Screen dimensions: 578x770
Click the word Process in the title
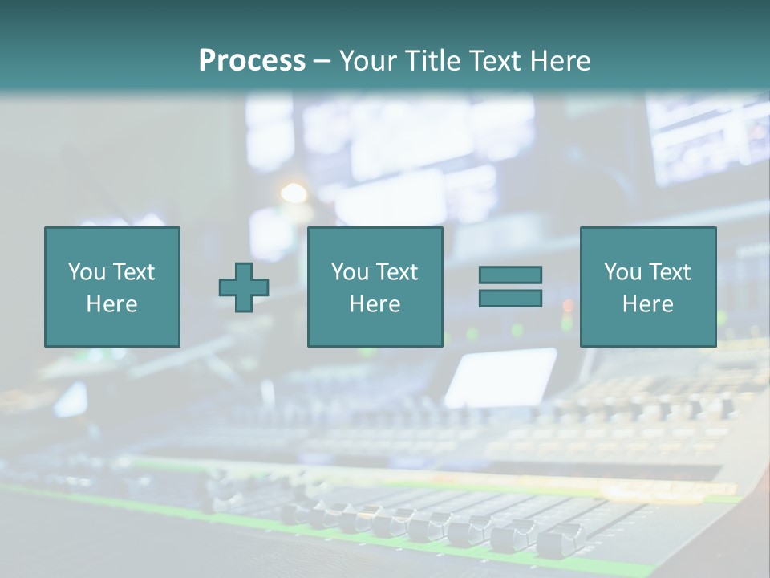252,61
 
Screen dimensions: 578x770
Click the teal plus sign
244,287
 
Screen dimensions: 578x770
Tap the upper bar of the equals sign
510,275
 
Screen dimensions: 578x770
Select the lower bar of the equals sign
510,298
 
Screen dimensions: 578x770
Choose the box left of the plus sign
112,287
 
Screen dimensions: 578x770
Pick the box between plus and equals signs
375,287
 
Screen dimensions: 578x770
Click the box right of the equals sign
648,287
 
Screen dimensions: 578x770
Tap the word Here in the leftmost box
112,304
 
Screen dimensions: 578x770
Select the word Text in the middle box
396,272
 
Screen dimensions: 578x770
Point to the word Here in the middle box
375,304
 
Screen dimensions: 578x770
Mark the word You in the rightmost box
622,272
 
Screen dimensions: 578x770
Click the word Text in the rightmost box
669,272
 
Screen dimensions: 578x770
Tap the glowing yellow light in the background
294,193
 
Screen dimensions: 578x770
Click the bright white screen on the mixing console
502,377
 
